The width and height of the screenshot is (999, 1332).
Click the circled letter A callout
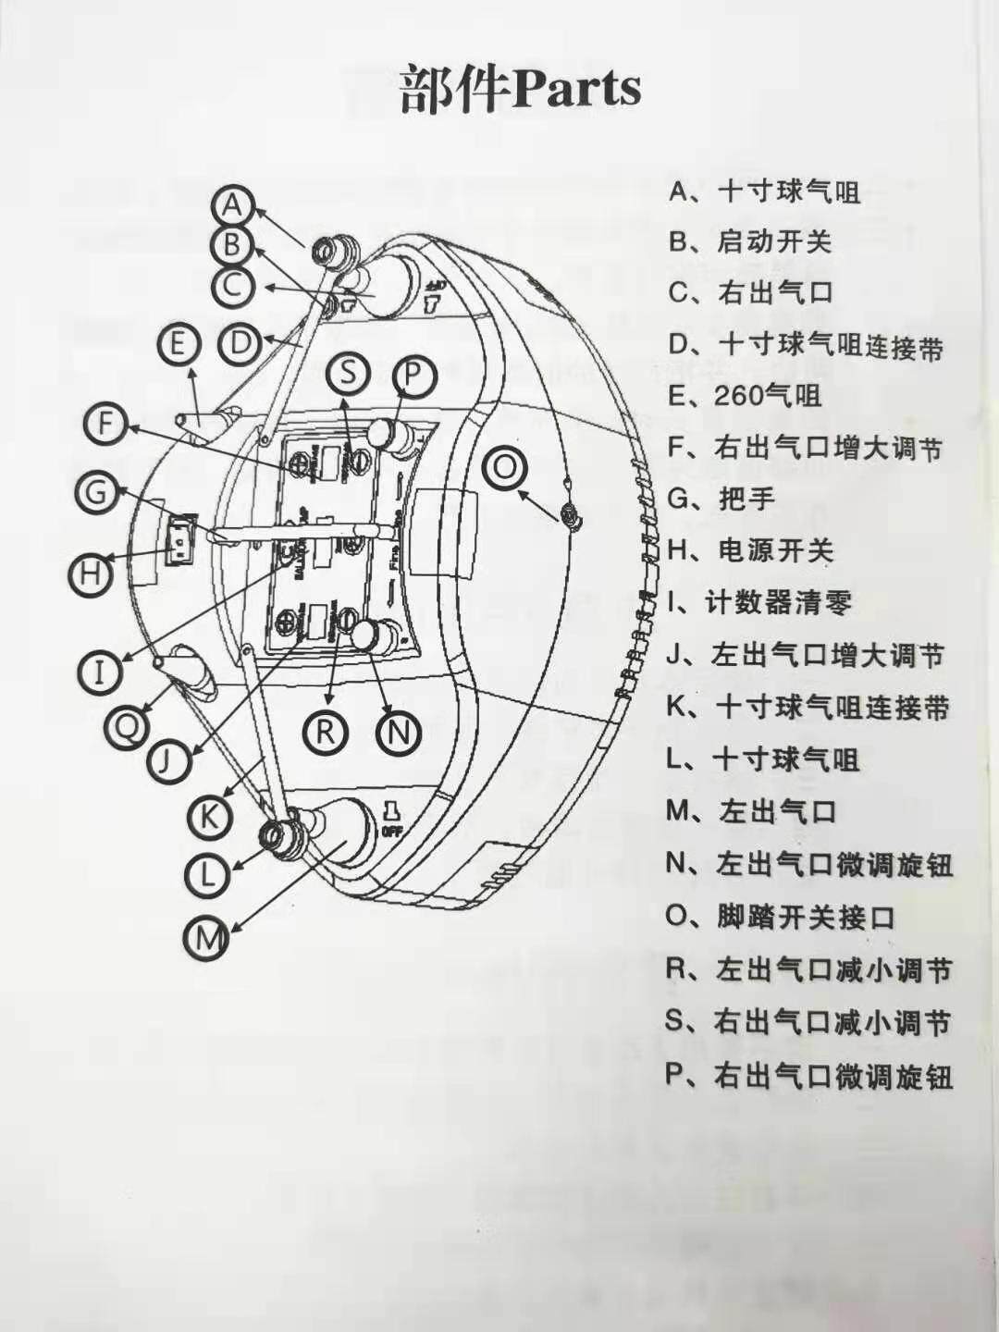click(234, 204)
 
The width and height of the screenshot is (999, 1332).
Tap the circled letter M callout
click(209, 940)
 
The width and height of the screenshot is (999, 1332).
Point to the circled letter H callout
click(90, 574)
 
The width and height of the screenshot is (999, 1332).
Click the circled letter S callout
click(348, 373)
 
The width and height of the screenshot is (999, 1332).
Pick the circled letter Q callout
click(126, 725)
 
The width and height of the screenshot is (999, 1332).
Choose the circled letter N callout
click(399, 733)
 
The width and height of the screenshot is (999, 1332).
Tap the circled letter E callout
click(179, 345)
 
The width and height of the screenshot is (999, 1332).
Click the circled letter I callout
click(99, 670)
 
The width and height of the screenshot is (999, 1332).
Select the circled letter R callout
click(325, 732)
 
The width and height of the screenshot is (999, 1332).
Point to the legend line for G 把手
click(721, 499)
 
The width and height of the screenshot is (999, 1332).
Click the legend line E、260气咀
click(745, 396)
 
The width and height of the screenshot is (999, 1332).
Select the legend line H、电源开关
click(751, 551)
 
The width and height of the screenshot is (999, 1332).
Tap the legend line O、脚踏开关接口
click(781, 918)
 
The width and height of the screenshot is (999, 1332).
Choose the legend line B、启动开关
click(751, 242)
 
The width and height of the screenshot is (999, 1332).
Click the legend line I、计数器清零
click(758, 603)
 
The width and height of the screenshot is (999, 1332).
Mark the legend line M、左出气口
click(751, 812)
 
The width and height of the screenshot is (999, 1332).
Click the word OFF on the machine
click(391, 832)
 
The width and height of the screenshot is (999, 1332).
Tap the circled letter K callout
click(210, 816)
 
